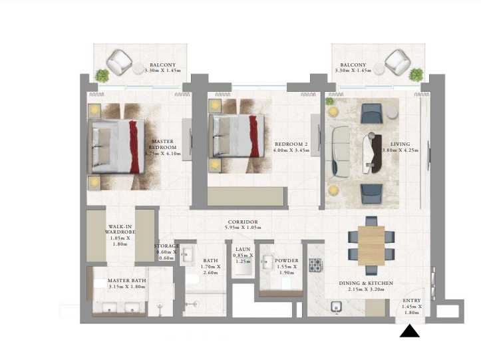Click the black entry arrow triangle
(x=409, y=331)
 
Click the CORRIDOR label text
(x=242, y=225)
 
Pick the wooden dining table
(x=371, y=245)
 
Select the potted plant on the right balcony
(x=416, y=74)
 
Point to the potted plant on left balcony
(x=102, y=75)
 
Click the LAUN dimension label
(x=241, y=255)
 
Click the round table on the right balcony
(x=378, y=69)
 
